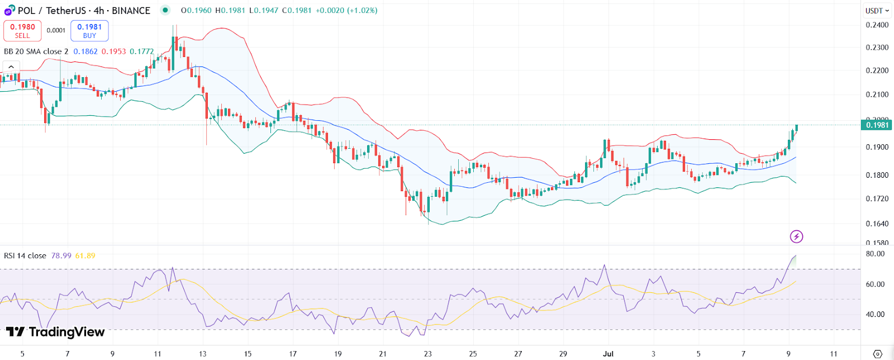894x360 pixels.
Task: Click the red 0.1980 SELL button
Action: [22, 31]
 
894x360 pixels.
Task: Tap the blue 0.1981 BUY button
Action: [89, 31]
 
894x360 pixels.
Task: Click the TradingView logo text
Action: [56, 332]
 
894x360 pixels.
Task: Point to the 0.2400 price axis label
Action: [877, 25]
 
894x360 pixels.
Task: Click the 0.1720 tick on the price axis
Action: [877, 198]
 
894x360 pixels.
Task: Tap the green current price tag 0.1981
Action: [877, 125]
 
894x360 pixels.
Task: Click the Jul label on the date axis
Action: [608, 354]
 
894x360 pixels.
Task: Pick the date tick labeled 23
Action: [428, 354]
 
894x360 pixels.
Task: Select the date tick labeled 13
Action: [202, 354]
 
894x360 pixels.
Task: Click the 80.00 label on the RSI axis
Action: [876, 254]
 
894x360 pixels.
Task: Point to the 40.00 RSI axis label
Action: [876, 314]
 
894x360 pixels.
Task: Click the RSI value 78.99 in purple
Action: [61, 256]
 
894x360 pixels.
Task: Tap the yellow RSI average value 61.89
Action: [85, 256]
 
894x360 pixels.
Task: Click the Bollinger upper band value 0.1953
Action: [113, 51]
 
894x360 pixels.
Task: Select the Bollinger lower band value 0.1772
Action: [141, 51]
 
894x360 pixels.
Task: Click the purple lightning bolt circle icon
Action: [796, 236]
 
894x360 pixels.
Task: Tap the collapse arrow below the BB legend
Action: [11, 67]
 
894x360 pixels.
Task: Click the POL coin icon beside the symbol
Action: [9, 11]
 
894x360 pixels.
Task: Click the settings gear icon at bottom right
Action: [877, 354]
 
